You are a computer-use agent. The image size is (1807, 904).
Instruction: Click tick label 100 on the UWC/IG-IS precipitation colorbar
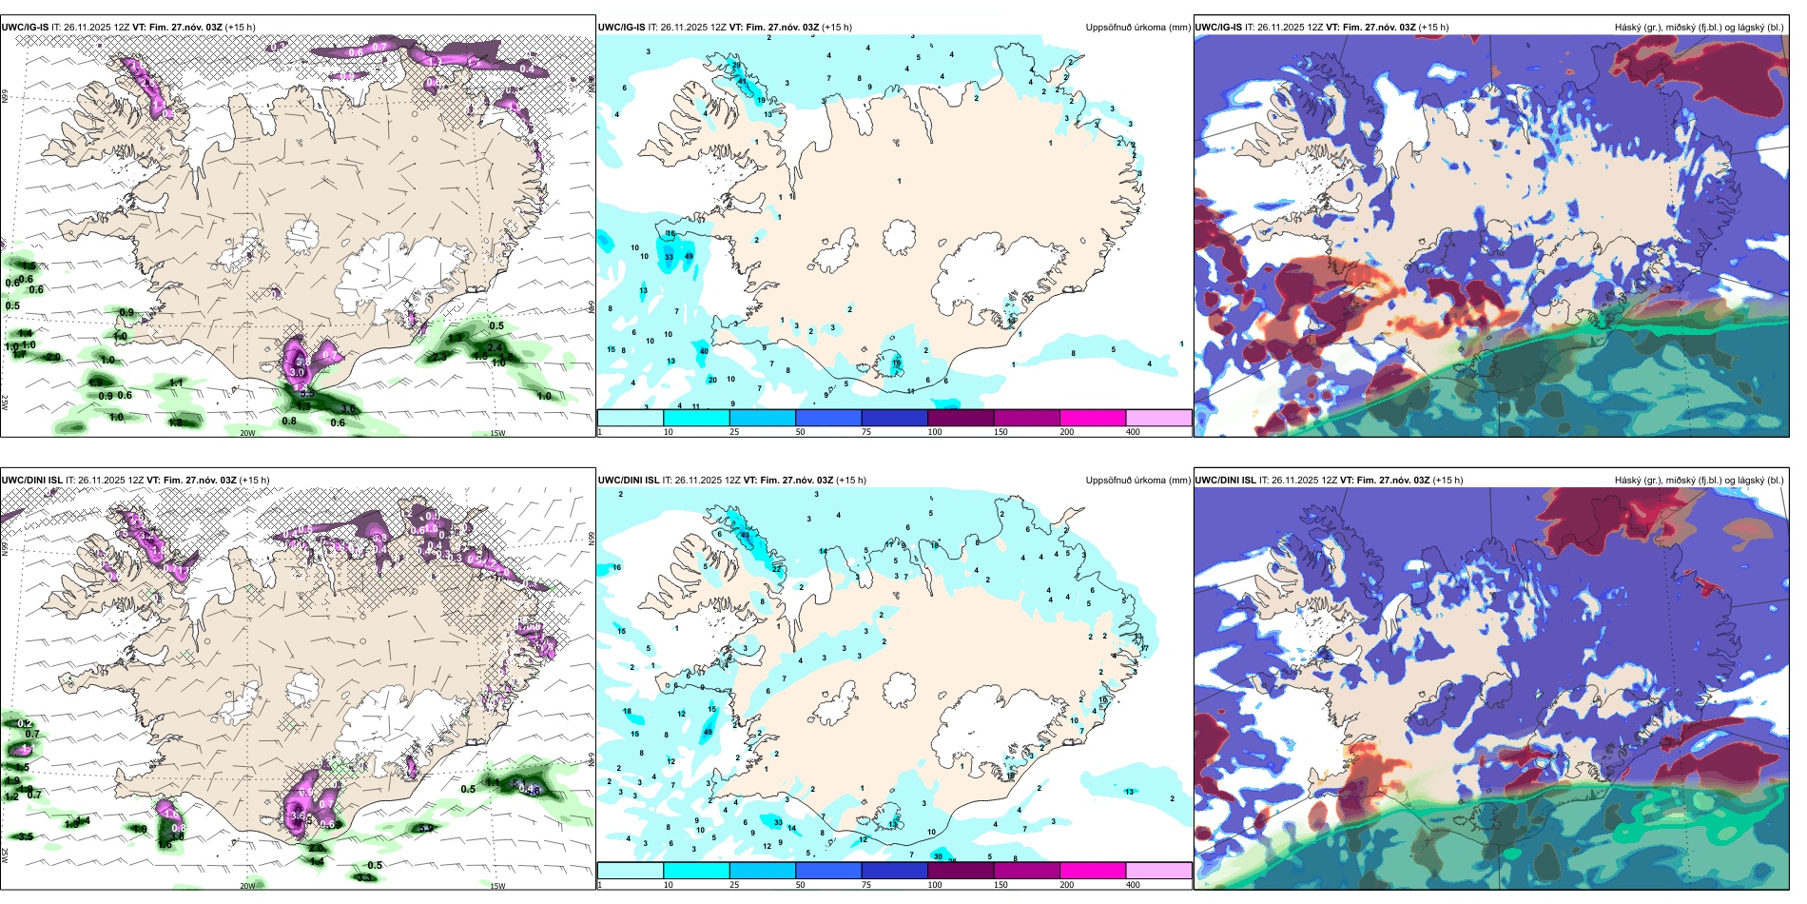click(x=935, y=432)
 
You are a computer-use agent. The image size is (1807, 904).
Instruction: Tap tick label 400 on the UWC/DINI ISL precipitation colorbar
click(x=1133, y=885)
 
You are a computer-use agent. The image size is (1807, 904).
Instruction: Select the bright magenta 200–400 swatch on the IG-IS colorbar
click(x=1093, y=418)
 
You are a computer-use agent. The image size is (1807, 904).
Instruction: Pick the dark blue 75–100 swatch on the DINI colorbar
click(x=894, y=871)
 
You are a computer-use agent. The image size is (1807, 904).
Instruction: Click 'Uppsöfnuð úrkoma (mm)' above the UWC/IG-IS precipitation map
click(x=1137, y=28)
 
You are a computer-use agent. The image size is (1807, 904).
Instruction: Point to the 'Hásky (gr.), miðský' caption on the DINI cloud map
click(x=1656, y=481)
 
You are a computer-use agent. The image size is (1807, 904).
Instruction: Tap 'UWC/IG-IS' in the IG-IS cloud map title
click(x=1218, y=28)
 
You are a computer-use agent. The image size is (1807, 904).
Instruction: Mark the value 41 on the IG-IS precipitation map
click(x=743, y=81)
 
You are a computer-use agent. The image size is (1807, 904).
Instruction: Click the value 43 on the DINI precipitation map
click(x=745, y=536)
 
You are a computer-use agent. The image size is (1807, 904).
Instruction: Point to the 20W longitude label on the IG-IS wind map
click(x=247, y=433)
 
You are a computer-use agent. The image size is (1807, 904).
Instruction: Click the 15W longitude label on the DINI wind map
click(x=497, y=886)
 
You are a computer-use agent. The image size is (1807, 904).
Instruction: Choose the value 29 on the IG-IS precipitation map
click(x=736, y=66)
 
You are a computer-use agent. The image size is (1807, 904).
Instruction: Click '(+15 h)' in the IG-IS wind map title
click(x=240, y=28)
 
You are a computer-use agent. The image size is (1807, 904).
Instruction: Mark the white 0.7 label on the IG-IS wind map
click(x=379, y=47)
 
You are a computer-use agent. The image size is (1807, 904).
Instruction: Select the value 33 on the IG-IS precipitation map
click(x=669, y=257)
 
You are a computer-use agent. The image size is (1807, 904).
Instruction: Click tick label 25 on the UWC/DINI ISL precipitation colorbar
click(x=734, y=885)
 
